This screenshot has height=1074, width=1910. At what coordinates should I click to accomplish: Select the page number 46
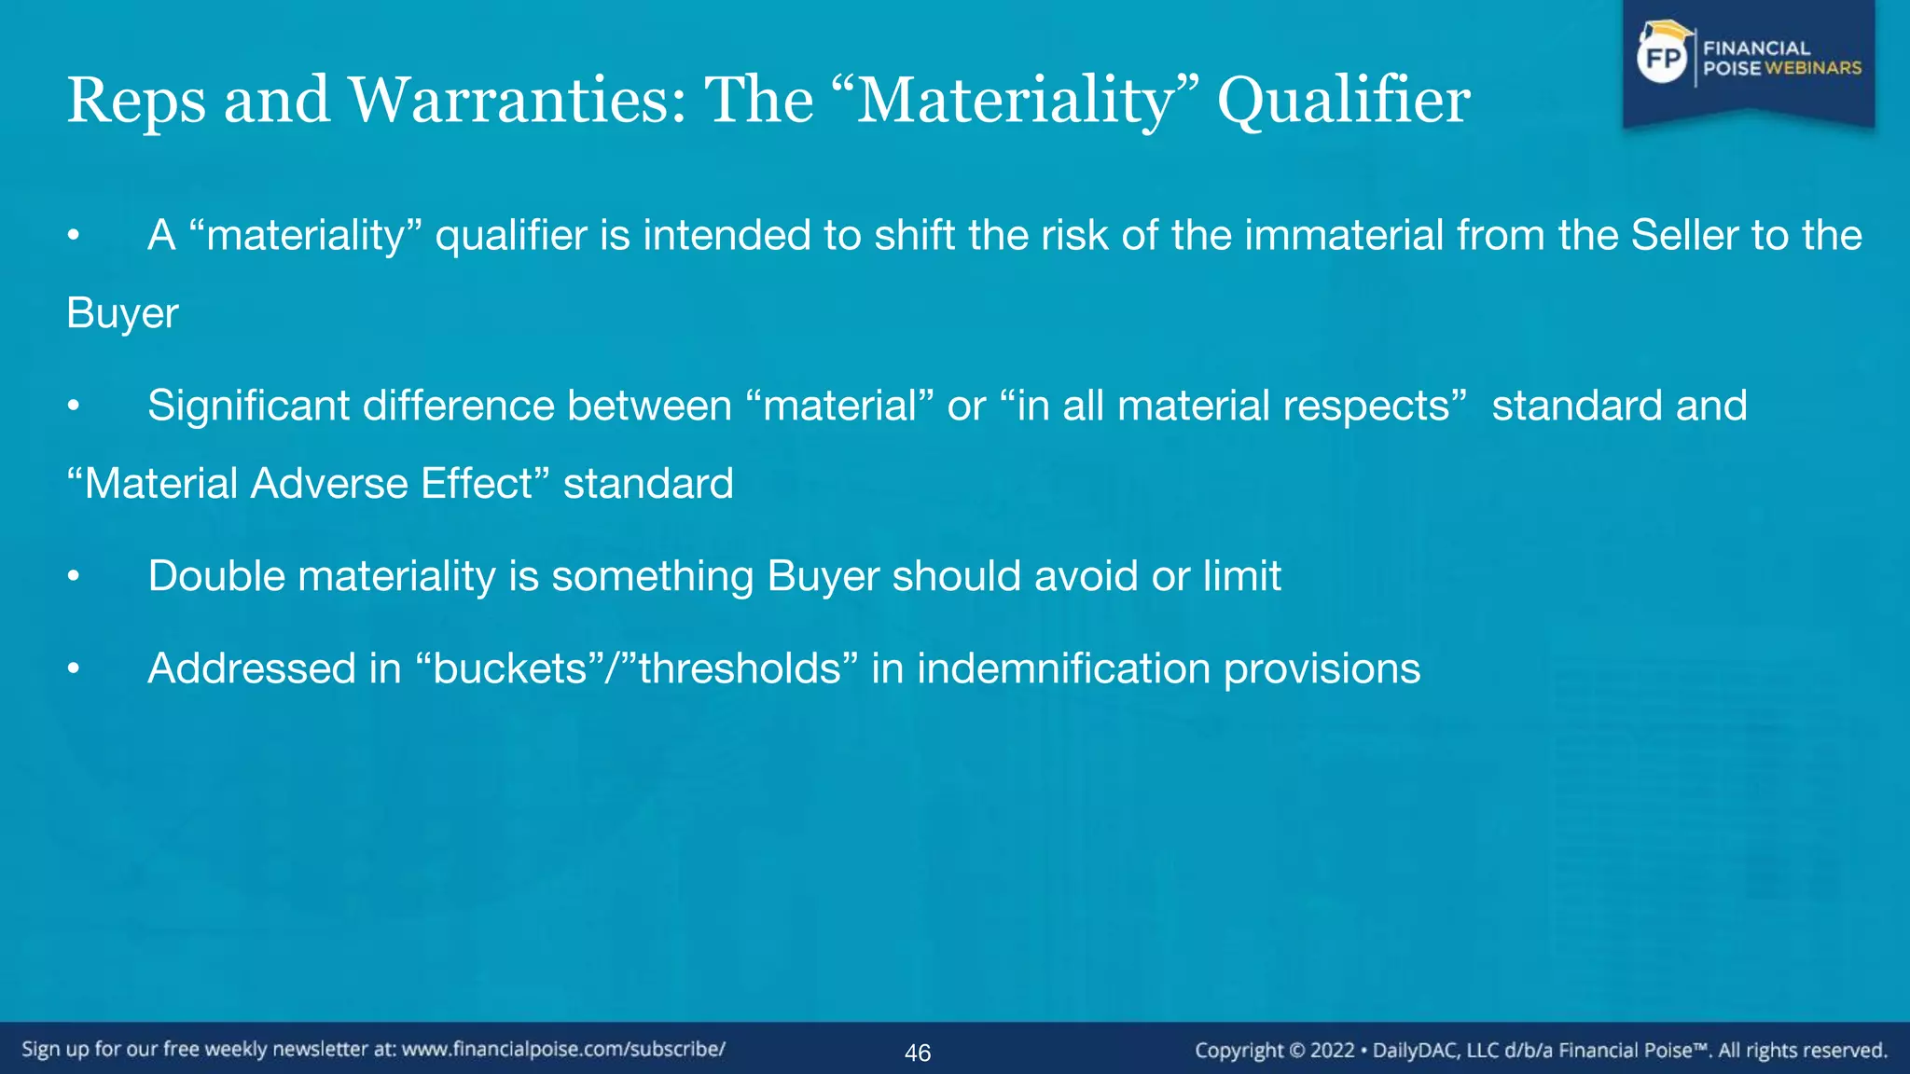point(918,1053)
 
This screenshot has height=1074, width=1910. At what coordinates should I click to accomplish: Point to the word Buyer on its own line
point(122,313)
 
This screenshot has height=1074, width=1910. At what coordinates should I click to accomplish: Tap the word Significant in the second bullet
point(248,406)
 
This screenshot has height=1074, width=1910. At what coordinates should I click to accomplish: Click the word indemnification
point(1063,668)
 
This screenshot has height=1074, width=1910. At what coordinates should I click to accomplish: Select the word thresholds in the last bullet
point(740,668)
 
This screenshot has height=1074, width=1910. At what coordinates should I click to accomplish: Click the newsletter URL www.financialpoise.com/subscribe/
point(563,1050)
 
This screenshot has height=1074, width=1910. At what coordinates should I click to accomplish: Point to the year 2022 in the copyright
point(1332,1051)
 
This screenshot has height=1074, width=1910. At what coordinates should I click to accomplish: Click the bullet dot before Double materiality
point(74,577)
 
